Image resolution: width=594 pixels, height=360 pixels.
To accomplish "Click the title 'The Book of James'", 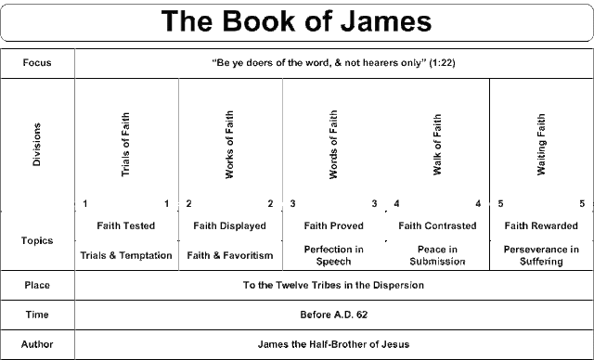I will [x=297, y=21].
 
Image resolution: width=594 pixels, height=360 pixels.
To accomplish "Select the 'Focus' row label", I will [x=38, y=64].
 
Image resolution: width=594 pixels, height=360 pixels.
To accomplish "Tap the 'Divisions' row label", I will [x=38, y=144].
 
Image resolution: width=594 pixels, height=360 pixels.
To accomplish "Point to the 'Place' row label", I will [x=38, y=285].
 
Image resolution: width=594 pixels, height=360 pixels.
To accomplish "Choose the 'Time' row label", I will [x=38, y=315].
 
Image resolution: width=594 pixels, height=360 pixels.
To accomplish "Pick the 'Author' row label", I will [x=38, y=344].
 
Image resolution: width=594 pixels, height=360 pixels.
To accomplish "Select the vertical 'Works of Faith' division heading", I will [x=229, y=144].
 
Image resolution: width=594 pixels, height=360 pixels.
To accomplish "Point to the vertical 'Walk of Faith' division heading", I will [x=437, y=144].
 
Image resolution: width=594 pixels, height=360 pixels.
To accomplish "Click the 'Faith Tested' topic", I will [x=125, y=225].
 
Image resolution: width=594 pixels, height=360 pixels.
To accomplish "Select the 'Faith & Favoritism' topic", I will [x=229, y=254].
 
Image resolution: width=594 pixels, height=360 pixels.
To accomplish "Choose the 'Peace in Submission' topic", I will [x=437, y=254].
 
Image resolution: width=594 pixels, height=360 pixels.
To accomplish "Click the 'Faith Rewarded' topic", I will [x=542, y=225].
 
